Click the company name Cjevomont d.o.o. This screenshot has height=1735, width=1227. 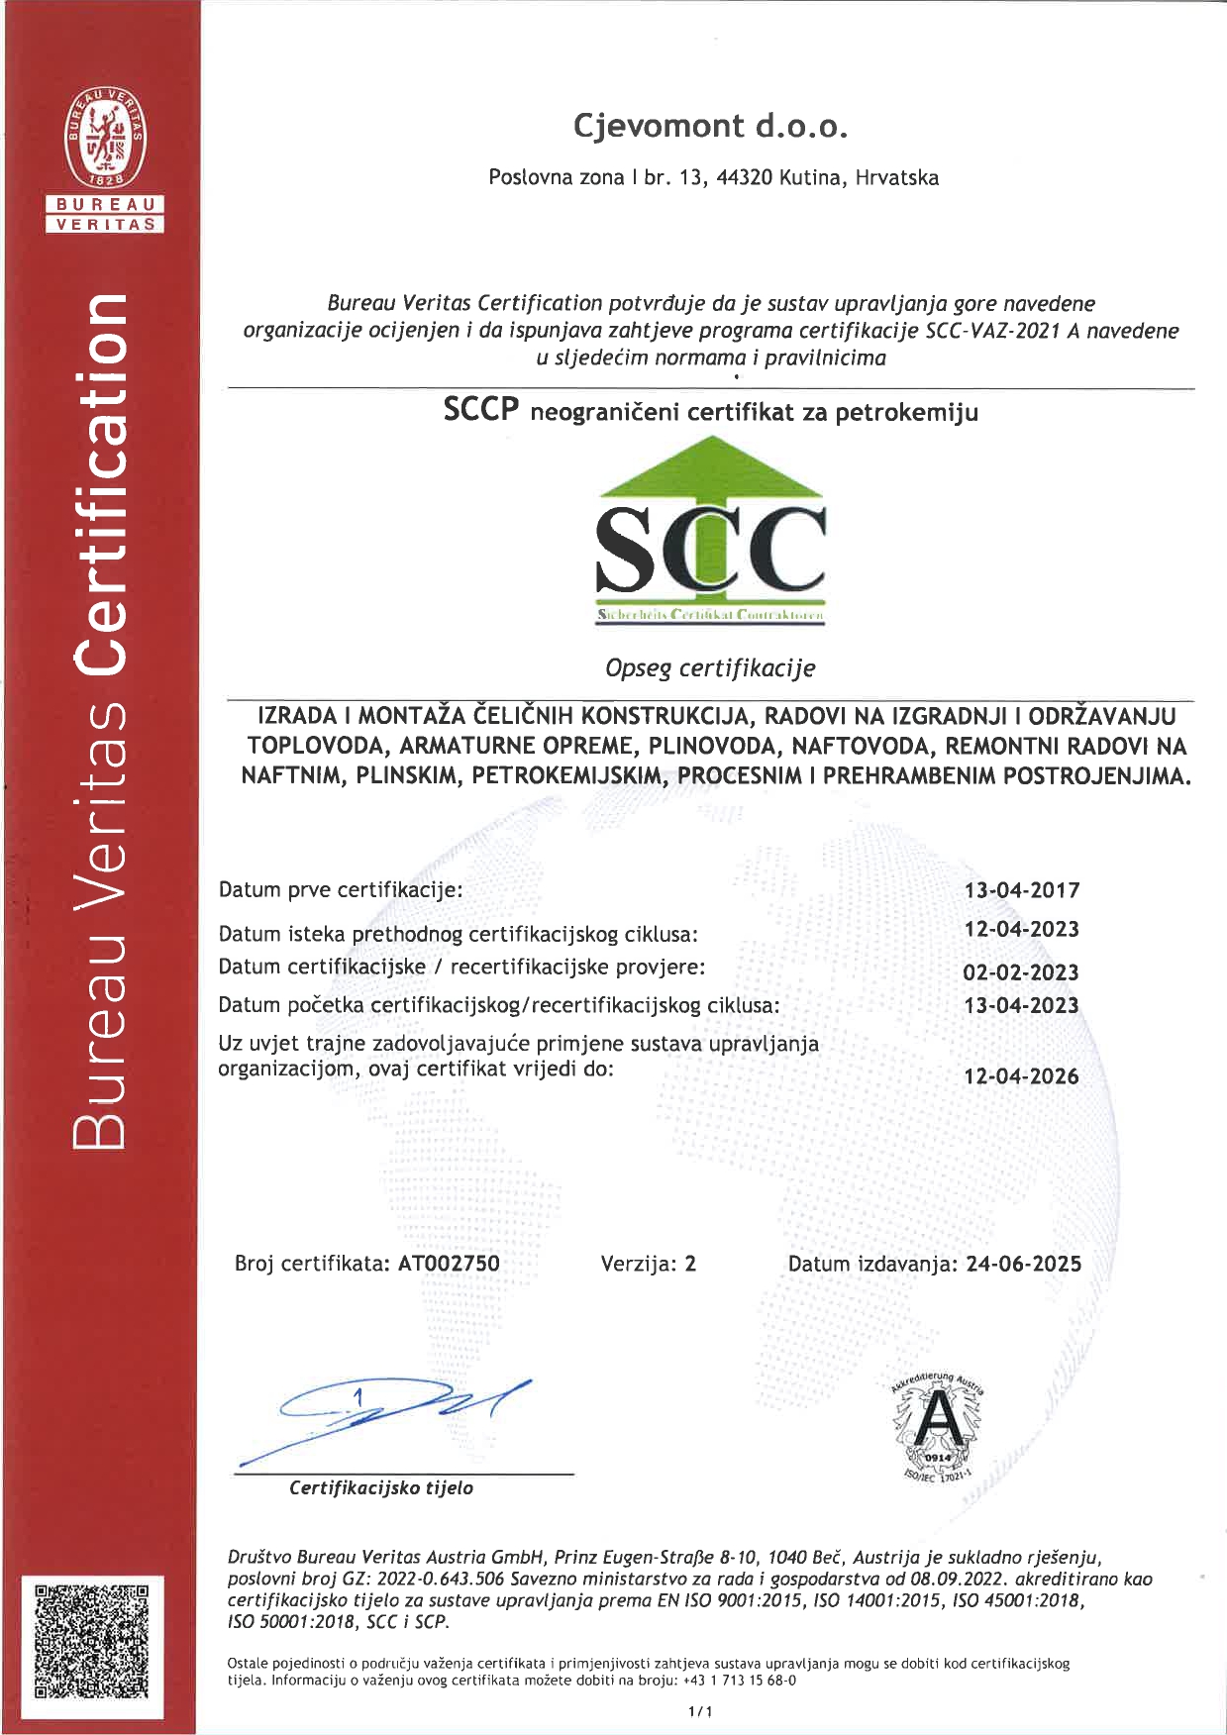(710, 126)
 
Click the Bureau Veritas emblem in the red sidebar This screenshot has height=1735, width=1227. (105, 138)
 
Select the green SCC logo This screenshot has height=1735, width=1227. (710, 531)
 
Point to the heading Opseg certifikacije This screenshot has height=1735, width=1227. (710, 668)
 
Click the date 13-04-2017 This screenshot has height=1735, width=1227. (1022, 890)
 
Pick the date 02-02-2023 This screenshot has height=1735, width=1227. (1021, 972)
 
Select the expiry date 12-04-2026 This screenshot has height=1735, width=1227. (1021, 1076)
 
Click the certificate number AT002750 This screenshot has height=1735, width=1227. (449, 1264)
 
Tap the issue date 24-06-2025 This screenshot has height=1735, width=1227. (1024, 1264)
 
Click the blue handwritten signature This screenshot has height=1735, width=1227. (396, 1411)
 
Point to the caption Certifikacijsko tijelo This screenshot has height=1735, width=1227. (381, 1488)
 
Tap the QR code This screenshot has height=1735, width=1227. (92, 1640)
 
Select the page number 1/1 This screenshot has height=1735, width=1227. (700, 1711)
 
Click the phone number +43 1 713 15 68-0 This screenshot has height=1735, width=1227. (740, 1681)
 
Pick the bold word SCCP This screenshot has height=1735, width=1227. (481, 410)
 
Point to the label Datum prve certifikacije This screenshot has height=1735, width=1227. (341, 889)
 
